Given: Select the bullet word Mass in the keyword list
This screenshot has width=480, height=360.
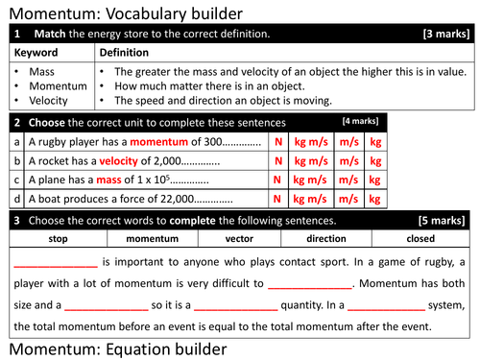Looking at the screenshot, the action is [x=42, y=71].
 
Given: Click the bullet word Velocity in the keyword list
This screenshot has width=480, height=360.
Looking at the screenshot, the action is [x=49, y=100].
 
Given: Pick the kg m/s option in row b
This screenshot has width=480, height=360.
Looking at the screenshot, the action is [x=312, y=160].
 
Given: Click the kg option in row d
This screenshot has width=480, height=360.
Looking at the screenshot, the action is [x=375, y=199].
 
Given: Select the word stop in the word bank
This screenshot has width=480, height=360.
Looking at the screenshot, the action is [x=58, y=238].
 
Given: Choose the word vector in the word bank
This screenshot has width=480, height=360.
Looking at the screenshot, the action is [x=239, y=238].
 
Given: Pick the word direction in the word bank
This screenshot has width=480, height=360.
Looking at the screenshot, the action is [x=327, y=238].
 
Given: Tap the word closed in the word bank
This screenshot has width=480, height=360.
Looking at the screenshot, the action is [x=420, y=238].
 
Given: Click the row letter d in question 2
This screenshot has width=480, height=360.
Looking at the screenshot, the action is [x=17, y=199].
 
